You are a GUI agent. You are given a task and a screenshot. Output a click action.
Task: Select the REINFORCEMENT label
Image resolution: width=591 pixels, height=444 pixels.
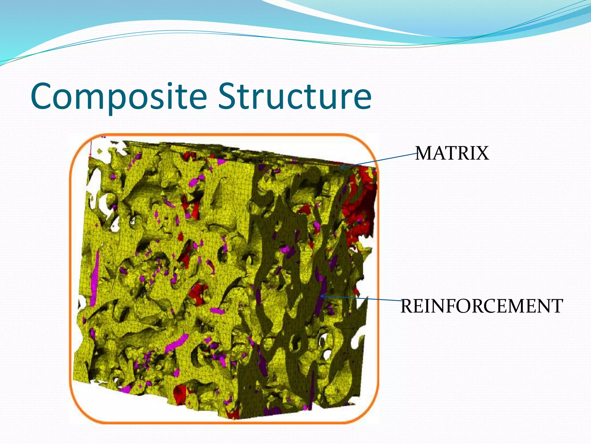pyautogui.click(x=482, y=306)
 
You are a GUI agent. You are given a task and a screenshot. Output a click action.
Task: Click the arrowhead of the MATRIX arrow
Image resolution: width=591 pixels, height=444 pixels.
pyautogui.click(x=342, y=167)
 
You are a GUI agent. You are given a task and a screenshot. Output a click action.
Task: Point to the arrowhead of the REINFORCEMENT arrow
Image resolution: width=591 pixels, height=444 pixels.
pyautogui.click(x=323, y=296)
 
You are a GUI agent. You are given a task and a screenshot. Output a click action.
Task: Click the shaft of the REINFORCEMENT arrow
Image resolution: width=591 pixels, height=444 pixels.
pyautogui.click(x=362, y=298)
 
